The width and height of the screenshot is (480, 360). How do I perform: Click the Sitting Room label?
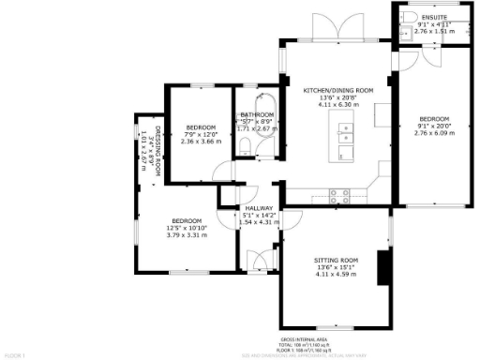(x=337, y=259)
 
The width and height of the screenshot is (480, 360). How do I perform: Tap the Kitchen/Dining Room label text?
(x=337, y=90)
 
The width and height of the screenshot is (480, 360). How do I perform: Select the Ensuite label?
(x=433, y=16)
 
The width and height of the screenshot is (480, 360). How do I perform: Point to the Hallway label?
(x=258, y=208)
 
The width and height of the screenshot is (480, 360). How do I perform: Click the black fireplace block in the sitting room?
(x=382, y=266)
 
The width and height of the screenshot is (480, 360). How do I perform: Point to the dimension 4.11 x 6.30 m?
(x=337, y=105)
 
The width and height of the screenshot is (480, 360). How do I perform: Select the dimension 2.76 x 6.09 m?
(x=433, y=133)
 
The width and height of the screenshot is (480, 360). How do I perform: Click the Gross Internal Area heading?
(x=309, y=338)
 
